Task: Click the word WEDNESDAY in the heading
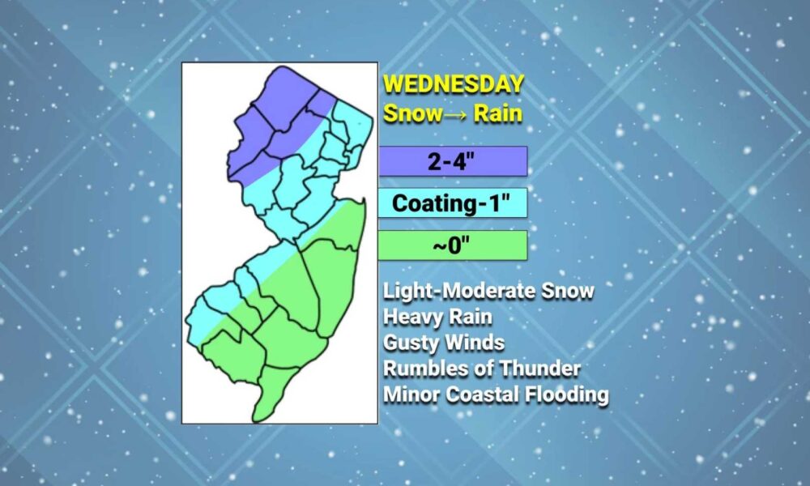tap(454, 85)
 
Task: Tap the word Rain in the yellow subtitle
tap(498, 113)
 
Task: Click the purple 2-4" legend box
tap(453, 161)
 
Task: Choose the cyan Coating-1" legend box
tap(453, 203)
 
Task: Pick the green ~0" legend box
tap(453, 245)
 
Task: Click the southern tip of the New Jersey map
tap(255, 420)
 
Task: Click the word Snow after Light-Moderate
tap(568, 292)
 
